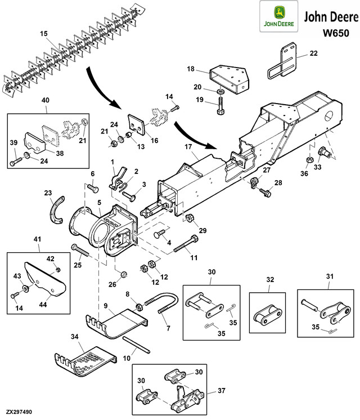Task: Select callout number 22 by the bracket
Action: [x=313, y=53]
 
